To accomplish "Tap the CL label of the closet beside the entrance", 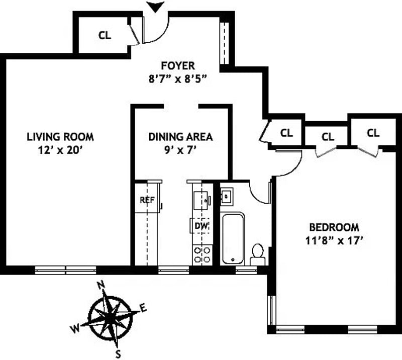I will coord(105,35).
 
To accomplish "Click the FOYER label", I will coord(177,65).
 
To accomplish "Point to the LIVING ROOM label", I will coord(60,136).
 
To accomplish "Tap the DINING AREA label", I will coord(180,136).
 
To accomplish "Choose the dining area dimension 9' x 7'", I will coord(180,149).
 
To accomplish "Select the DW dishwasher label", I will coord(201,226).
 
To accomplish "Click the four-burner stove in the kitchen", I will coord(202,254).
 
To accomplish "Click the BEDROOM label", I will coord(327,227).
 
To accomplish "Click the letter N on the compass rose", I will coord(100,285).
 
